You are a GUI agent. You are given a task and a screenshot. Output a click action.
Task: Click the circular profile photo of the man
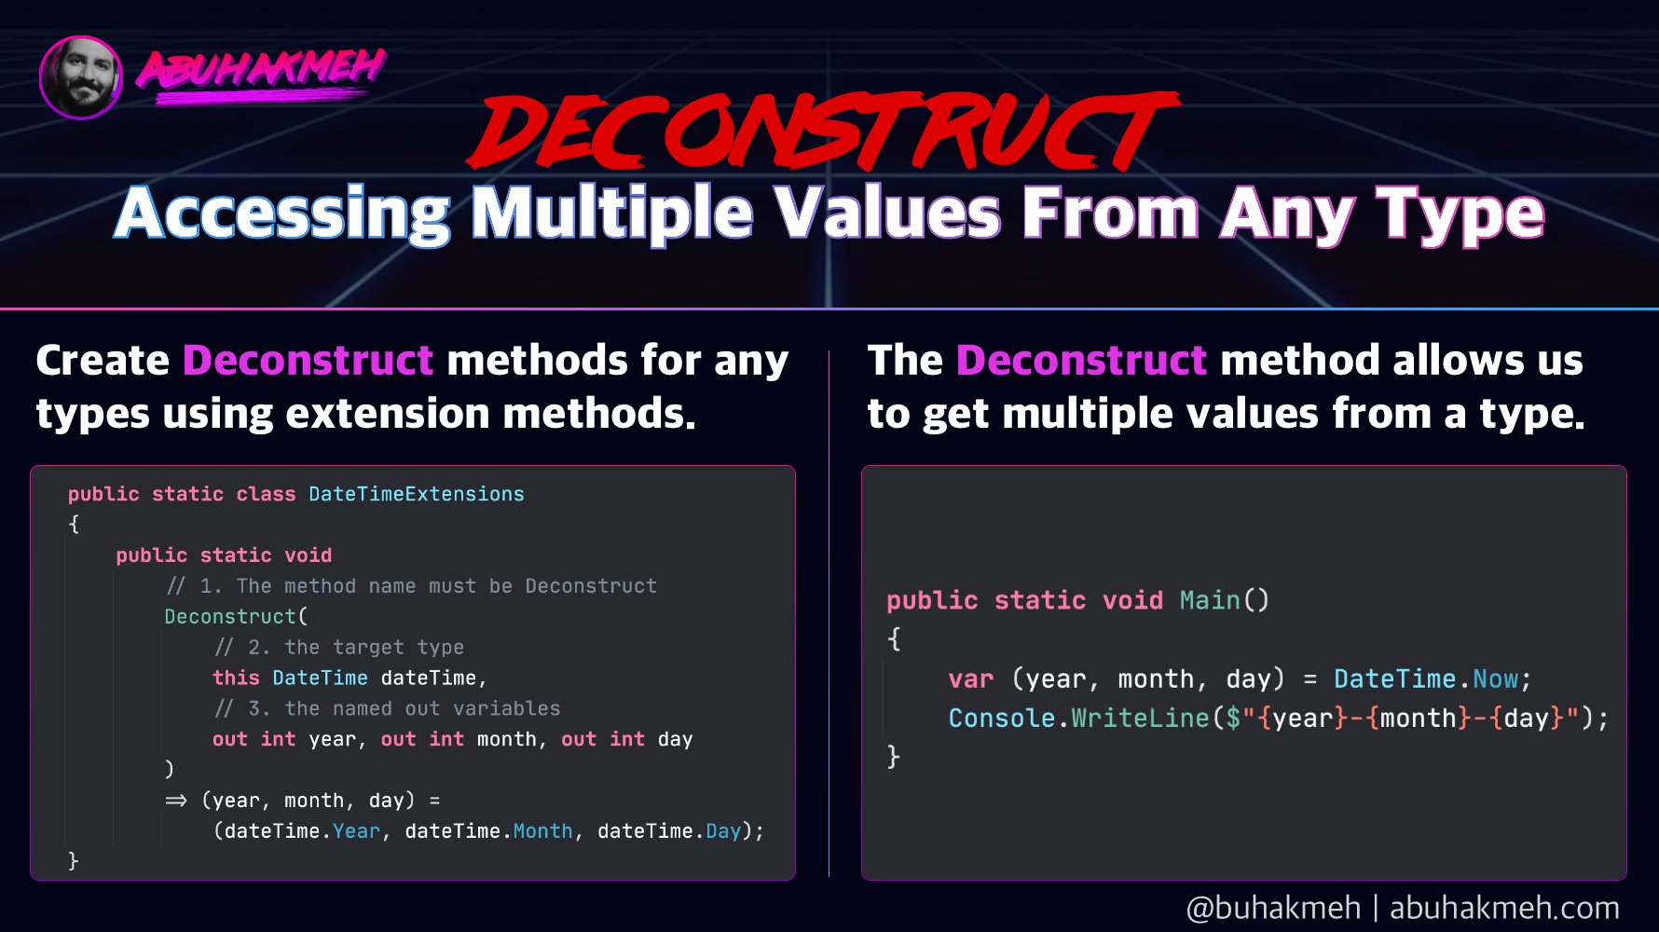click(81, 77)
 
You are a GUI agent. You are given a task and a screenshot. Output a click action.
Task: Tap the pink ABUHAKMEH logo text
click(262, 70)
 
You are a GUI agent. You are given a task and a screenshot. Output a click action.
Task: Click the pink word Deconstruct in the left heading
click(308, 360)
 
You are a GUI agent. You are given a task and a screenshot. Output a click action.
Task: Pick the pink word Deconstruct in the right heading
click(1082, 360)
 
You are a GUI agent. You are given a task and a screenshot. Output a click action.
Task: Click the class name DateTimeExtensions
click(417, 494)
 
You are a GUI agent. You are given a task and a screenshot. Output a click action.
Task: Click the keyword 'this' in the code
click(236, 678)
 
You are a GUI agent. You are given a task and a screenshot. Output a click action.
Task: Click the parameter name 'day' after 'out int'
click(676, 740)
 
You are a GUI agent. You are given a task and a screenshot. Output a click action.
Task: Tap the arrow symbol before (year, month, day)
click(176, 801)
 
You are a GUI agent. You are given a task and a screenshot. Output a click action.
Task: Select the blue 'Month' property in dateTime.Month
click(543, 831)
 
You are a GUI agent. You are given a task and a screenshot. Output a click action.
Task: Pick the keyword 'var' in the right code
click(971, 679)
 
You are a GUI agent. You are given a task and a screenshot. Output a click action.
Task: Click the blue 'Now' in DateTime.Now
click(1496, 678)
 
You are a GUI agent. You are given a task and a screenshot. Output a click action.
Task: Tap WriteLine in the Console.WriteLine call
click(1140, 718)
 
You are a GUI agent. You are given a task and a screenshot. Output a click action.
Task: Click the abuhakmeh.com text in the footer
click(1504, 907)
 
